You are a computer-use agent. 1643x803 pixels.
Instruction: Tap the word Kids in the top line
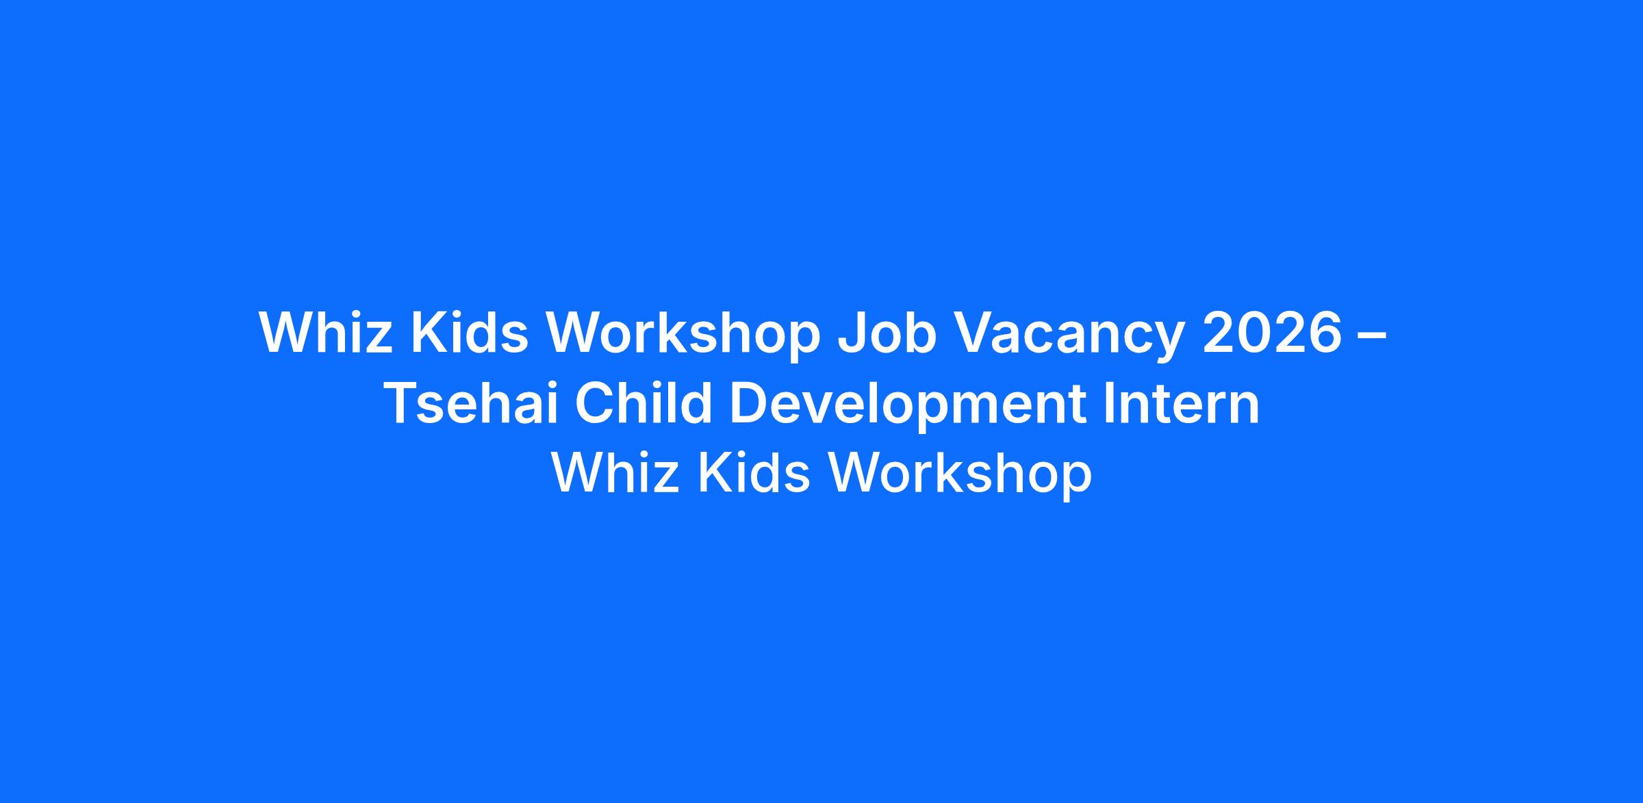click(x=470, y=333)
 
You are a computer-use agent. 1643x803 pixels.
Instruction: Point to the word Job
click(x=878, y=333)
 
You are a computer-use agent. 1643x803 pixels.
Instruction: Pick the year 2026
click(x=1273, y=333)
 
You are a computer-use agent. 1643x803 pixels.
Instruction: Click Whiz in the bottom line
click(x=615, y=473)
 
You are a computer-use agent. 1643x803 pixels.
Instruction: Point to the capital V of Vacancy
click(x=956, y=333)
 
